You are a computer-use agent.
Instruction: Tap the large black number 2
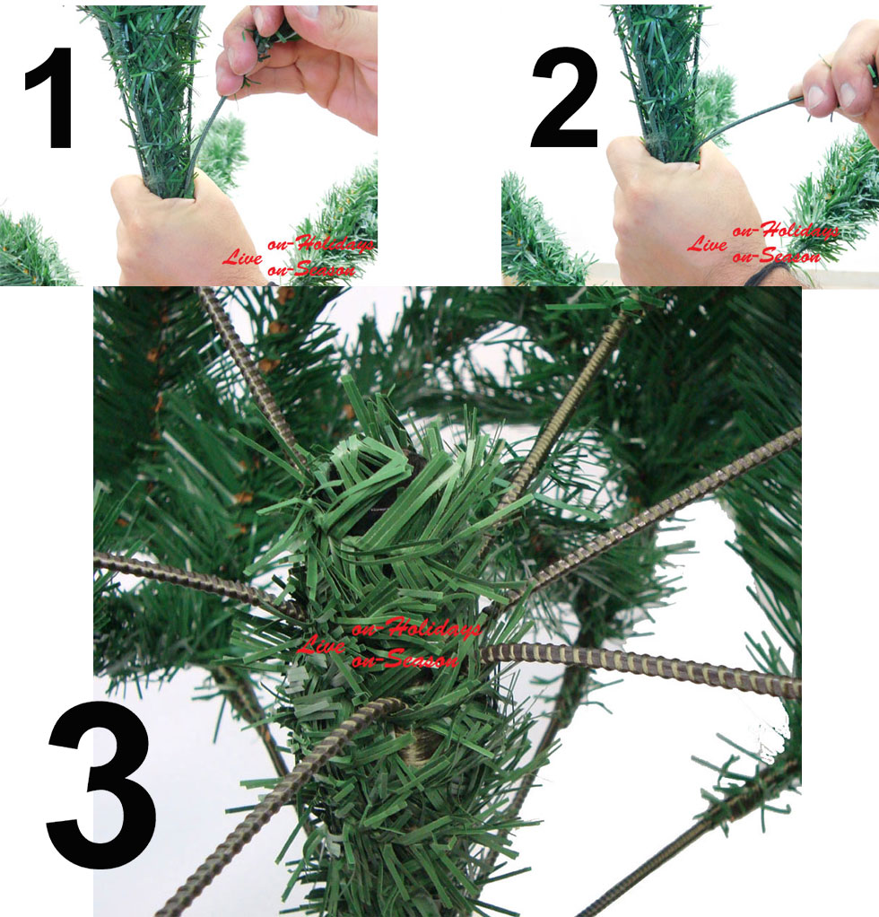tap(564, 98)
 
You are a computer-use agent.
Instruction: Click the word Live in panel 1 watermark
tap(242, 256)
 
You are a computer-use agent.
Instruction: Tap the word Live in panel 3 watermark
tap(320, 644)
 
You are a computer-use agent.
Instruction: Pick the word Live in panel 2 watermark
tap(707, 243)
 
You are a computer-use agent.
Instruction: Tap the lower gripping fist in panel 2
tap(683, 216)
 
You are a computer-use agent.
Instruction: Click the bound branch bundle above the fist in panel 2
tap(664, 82)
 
